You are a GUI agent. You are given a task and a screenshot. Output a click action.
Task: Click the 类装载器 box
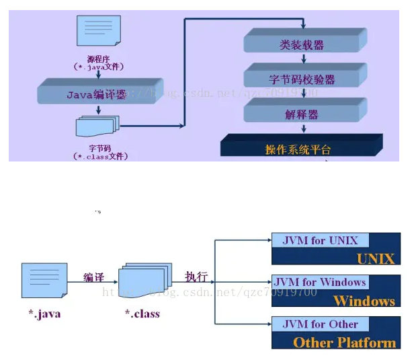(302, 45)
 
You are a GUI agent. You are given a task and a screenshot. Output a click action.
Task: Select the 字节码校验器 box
(302, 79)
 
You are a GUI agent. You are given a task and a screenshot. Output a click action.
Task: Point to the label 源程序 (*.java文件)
(98, 63)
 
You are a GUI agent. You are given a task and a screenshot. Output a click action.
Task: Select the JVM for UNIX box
(320, 240)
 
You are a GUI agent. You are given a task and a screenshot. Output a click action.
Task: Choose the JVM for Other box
(320, 324)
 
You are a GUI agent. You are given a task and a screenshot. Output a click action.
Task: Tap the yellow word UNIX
(375, 258)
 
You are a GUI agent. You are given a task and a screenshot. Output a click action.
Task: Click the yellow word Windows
(364, 300)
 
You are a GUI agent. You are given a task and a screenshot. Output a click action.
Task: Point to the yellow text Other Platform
(344, 342)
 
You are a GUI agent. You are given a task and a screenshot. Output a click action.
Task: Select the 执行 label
(196, 277)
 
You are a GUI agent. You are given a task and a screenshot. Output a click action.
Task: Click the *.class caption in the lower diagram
(142, 313)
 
